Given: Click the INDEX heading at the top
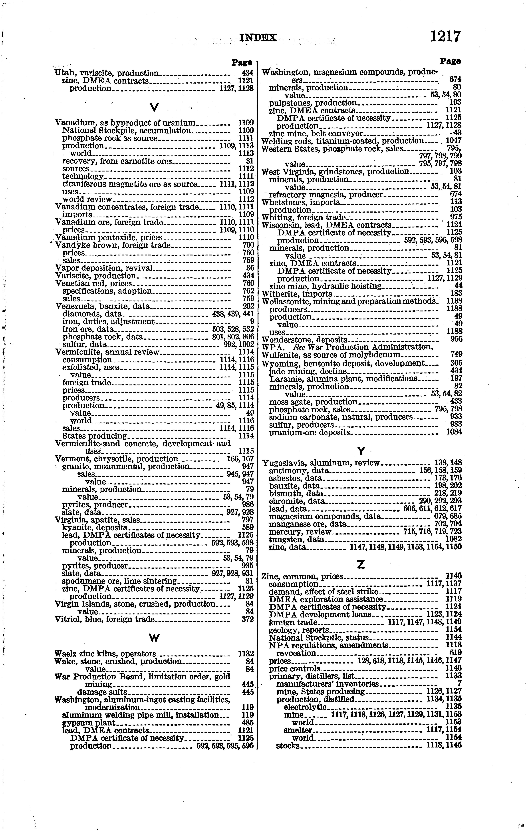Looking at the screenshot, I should pyautogui.click(x=258, y=37).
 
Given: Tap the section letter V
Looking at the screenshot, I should pyautogui.click(x=154, y=108).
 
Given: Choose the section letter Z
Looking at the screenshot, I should pyautogui.click(x=361, y=565).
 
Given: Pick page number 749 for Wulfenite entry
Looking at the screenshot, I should pyautogui.click(x=456, y=354).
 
